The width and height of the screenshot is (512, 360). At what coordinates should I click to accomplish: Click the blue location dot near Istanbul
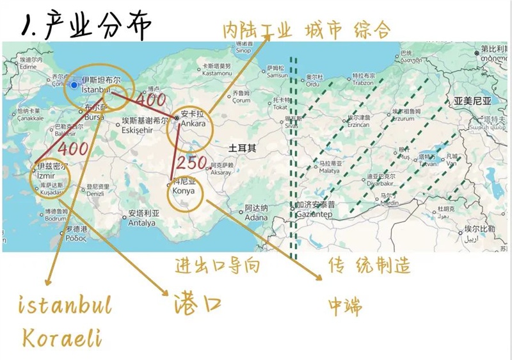[x=74, y=85]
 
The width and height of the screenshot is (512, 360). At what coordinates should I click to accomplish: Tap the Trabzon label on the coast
[x=362, y=83]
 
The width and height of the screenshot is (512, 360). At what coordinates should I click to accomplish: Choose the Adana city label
[x=255, y=217]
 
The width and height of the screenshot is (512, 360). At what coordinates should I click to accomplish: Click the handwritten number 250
[x=191, y=162]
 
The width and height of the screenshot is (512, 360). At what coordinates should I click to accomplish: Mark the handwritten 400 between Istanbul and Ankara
[x=150, y=100]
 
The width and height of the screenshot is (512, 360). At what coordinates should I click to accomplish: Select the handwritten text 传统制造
[x=369, y=265]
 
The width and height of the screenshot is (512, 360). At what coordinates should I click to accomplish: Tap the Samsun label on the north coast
[x=276, y=75]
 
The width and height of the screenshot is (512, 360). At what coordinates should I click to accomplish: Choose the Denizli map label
[x=95, y=193]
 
